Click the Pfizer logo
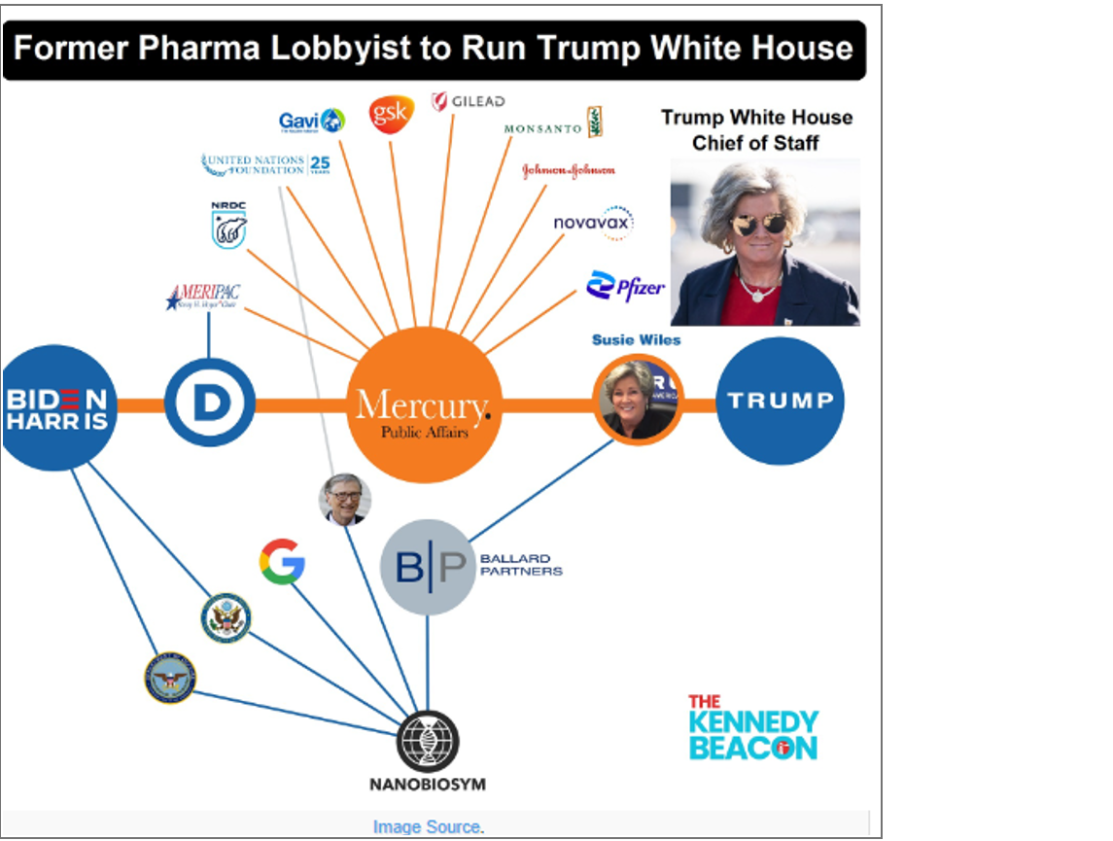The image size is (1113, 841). point(625,286)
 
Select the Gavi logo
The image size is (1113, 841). point(311,121)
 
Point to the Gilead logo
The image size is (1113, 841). point(469,101)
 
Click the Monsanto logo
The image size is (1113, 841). point(554,125)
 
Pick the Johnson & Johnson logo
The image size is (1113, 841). point(569,170)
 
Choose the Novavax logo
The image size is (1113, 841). point(593,223)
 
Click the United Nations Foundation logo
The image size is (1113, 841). point(265,164)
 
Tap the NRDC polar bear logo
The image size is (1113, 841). point(228,226)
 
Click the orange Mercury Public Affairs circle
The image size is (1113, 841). point(424,404)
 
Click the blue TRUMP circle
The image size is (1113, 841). point(780,401)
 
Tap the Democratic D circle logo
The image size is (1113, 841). point(209,403)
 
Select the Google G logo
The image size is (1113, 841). point(282,562)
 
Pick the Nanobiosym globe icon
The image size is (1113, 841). point(428,742)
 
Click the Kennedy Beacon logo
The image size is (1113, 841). point(753,727)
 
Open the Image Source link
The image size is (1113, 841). point(428,827)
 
